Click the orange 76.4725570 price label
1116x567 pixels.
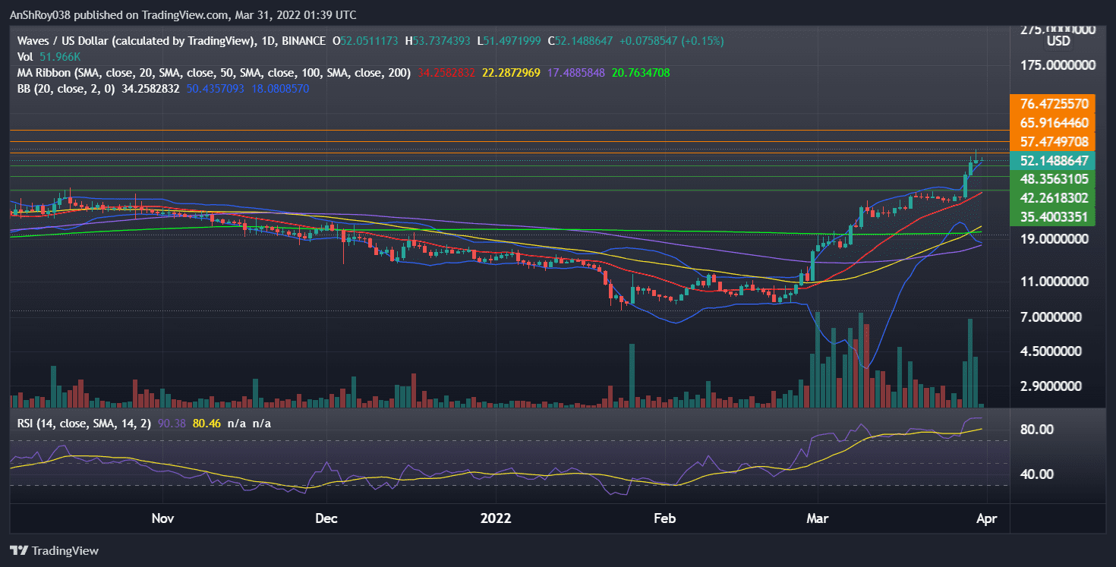tap(1055, 103)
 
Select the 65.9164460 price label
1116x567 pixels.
tap(1055, 122)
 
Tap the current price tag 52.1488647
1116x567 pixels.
tap(1055, 161)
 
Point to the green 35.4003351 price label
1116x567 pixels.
tap(1055, 217)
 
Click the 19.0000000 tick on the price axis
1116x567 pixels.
tap(1055, 238)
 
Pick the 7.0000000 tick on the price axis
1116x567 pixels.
tap(1055, 317)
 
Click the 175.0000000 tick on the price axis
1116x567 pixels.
tap(1055, 65)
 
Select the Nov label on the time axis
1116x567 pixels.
tap(163, 518)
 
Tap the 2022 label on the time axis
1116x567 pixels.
tap(497, 518)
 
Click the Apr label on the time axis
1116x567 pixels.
tap(995, 518)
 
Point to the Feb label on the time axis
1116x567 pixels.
tap(664, 518)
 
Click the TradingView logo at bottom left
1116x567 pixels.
tap(54, 550)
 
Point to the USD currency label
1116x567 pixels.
tap(1058, 42)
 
